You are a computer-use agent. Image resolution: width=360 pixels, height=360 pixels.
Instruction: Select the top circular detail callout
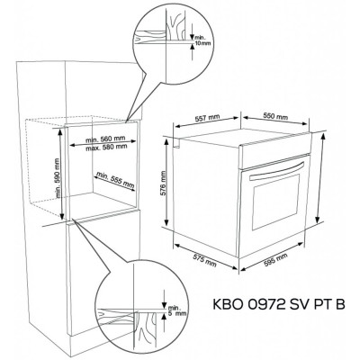(164, 40)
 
